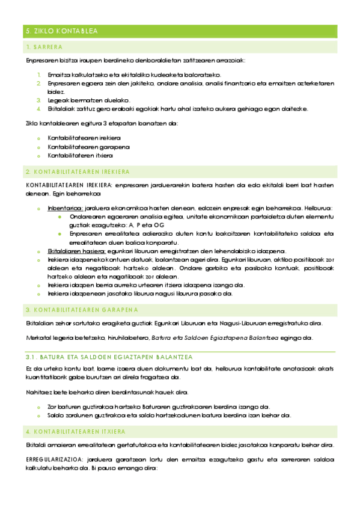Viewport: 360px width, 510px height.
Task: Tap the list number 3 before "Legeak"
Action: (38, 100)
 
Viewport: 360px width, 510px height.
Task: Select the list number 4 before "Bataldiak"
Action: (38, 108)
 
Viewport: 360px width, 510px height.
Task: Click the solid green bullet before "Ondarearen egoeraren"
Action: (59, 217)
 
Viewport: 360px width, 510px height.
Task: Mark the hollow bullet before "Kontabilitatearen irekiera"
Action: (38, 138)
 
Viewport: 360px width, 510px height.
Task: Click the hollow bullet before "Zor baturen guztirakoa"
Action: (38, 407)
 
